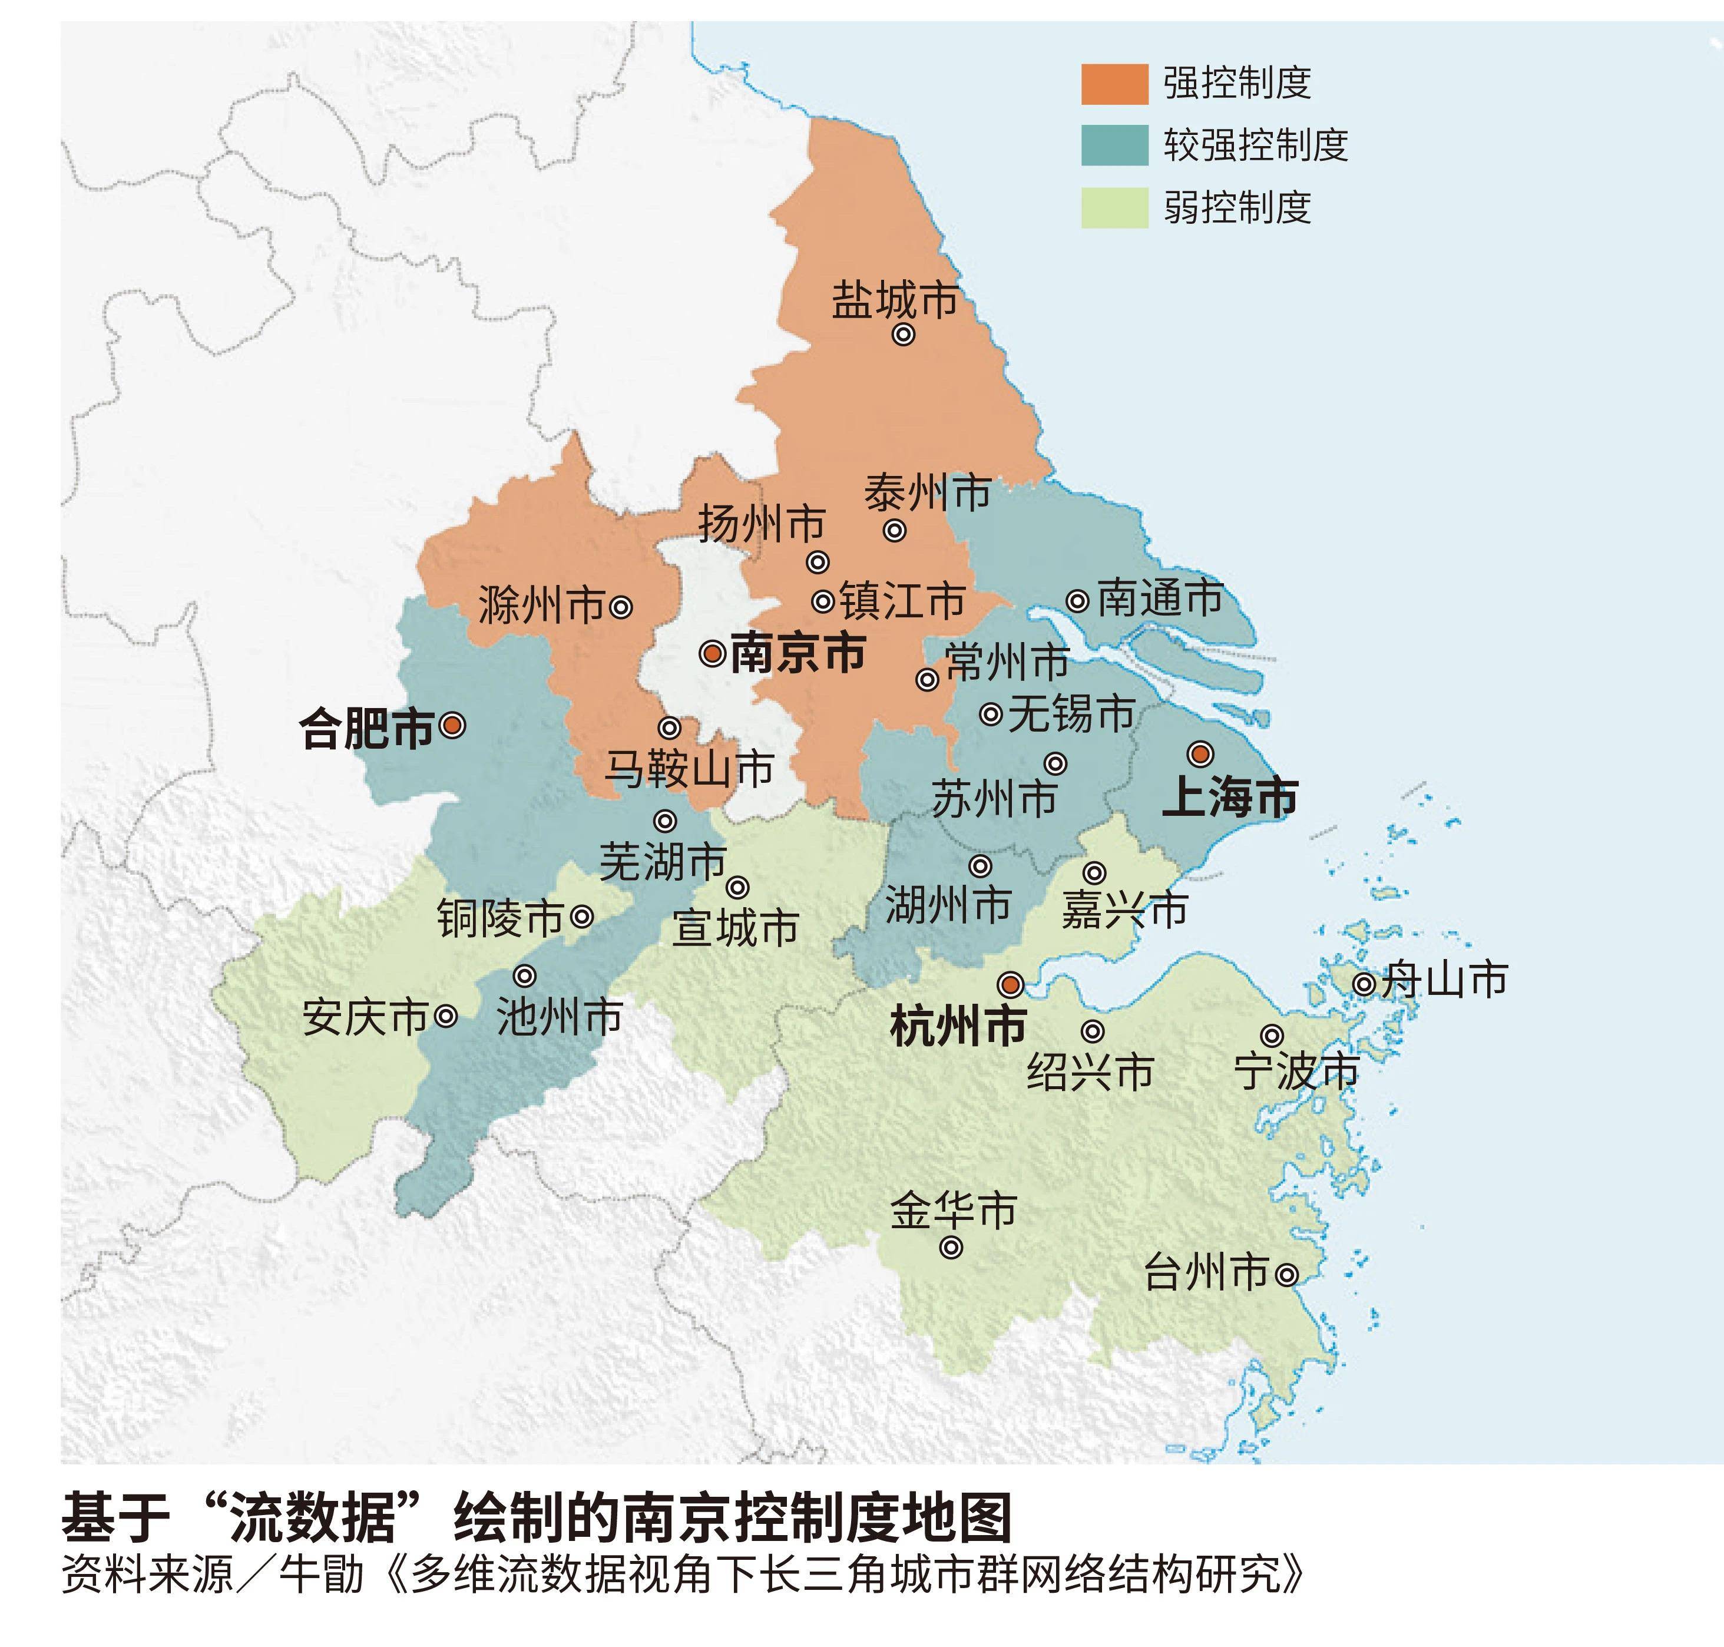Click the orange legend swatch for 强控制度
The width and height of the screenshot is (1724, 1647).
coord(1114,84)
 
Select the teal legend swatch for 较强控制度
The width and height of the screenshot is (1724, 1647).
coord(1114,145)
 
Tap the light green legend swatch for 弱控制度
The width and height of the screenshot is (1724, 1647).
coord(1114,208)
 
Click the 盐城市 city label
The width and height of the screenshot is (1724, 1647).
coord(894,301)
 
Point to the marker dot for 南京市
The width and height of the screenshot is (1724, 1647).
coord(712,653)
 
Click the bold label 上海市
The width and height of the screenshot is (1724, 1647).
coord(1229,797)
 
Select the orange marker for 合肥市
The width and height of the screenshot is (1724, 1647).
coord(452,725)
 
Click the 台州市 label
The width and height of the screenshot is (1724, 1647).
coord(1206,1272)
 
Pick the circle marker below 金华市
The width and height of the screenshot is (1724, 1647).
coord(951,1246)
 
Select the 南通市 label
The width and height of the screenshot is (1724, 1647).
coord(1160,598)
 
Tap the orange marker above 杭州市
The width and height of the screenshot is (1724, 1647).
coord(1011,985)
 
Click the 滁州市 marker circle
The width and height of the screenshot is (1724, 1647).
coord(621,607)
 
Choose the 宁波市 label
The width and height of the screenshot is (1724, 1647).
coord(1296,1071)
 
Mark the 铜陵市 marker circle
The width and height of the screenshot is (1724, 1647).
coord(582,917)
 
